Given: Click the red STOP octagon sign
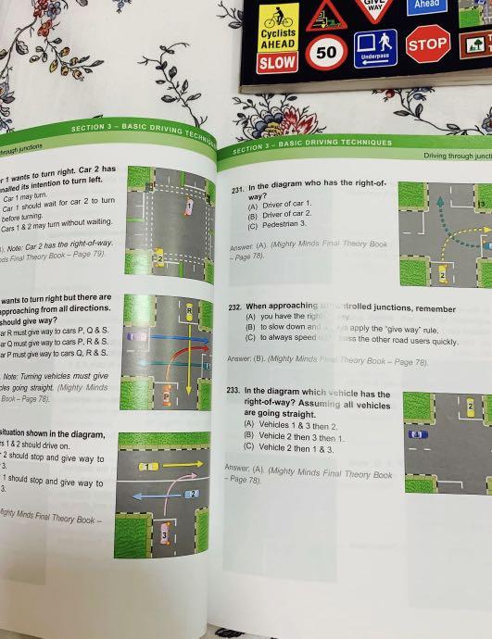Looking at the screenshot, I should point(428,44).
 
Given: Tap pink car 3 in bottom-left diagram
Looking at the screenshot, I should point(165,535).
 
